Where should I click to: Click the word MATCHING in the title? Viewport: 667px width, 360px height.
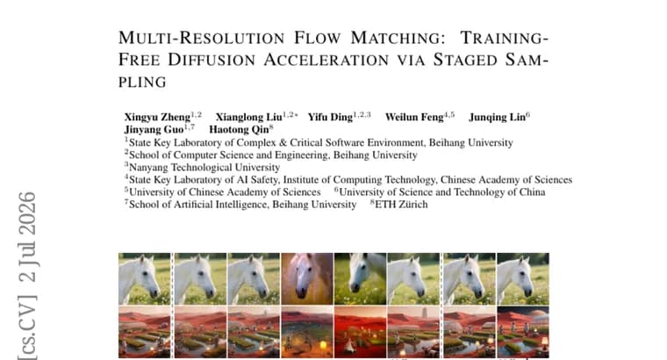pos(398,38)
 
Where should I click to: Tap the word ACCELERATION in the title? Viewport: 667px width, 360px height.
pos(326,60)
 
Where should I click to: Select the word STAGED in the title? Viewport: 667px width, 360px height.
pos(465,60)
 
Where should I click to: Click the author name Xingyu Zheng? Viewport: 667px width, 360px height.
pos(157,117)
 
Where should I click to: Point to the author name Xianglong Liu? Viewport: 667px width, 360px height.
pos(249,117)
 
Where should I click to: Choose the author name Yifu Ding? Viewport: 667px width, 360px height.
pos(330,117)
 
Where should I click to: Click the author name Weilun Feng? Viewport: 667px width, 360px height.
pos(414,117)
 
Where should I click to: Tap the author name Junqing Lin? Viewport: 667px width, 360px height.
pos(498,117)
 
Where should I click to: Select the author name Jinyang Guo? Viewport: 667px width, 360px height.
pos(154,129)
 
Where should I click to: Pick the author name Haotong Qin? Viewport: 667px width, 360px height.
pos(239,129)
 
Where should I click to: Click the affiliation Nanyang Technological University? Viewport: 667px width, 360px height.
pos(204,167)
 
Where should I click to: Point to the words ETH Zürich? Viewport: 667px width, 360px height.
pos(401,205)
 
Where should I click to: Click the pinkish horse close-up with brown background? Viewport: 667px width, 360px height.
pos(307,278)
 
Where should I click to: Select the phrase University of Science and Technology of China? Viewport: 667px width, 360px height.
pos(442,192)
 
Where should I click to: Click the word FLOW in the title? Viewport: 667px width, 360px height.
pos(318,38)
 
